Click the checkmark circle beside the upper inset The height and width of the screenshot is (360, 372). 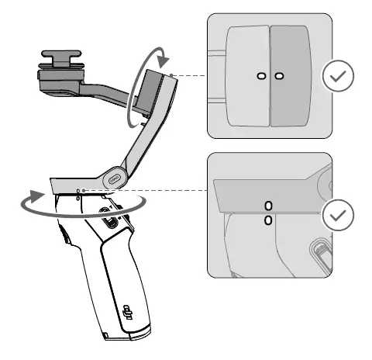pos(338,76)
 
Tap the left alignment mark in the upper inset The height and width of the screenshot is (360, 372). pos(261,75)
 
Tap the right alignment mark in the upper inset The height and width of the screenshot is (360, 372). pos(279,75)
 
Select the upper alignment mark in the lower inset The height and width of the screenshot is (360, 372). pos(268,206)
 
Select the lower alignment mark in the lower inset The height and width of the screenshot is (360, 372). pos(268,220)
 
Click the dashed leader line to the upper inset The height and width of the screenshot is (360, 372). pos(190,76)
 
